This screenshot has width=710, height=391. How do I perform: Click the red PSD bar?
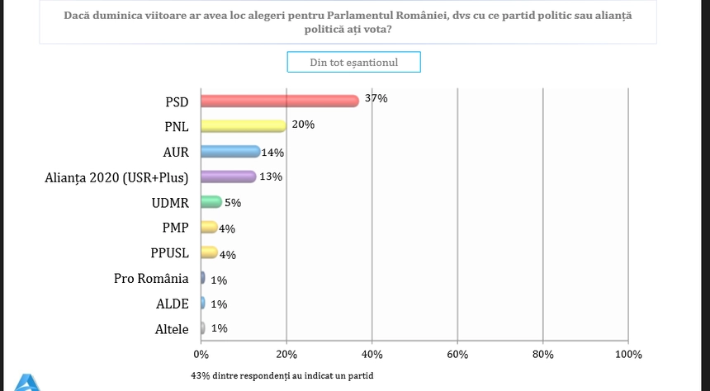click(280, 101)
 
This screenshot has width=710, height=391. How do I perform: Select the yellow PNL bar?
click(244, 126)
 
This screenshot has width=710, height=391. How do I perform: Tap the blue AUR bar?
click(230, 152)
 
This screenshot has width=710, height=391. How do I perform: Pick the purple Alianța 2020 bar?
click(229, 177)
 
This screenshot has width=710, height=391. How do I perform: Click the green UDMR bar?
click(211, 202)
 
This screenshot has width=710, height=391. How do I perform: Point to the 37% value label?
click(376, 98)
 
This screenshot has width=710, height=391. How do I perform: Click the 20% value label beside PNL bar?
click(303, 125)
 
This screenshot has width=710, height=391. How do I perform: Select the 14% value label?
click(273, 152)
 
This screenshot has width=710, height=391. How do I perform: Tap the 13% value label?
click(271, 177)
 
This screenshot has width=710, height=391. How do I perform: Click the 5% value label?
click(233, 201)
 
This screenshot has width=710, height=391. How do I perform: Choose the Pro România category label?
click(151, 278)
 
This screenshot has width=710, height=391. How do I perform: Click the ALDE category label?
click(172, 304)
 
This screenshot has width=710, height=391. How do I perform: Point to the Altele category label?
click(172, 329)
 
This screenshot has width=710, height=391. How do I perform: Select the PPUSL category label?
click(168, 252)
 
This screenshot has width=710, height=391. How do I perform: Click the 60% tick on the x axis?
click(457, 354)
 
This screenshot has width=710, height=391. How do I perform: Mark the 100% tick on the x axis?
click(628, 354)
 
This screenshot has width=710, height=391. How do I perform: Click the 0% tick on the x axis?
click(201, 354)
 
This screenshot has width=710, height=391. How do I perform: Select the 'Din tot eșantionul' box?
click(353, 63)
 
